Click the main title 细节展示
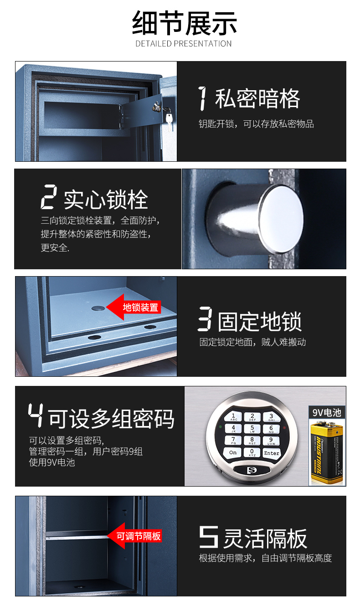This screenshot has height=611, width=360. (x=184, y=24)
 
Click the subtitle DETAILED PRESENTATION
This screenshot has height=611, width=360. (x=184, y=44)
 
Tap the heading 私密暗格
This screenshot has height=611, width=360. (x=257, y=99)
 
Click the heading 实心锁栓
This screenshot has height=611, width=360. (x=106, y=200)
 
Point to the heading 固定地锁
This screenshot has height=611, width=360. (x=259, y=321)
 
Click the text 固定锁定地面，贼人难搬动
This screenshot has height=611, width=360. (x=252, y=342)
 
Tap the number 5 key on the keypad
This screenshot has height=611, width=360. (x=252, y=428)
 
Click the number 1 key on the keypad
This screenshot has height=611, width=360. (x=233, y=416)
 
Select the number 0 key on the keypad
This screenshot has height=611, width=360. (x=252, y=452)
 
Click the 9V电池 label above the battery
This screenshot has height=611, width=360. (x=326, y=412)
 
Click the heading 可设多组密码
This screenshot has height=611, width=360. (x=111, y=418)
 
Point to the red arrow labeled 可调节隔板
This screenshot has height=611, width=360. (x=134, y=536)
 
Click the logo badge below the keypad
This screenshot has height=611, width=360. (x=252, y=470)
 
